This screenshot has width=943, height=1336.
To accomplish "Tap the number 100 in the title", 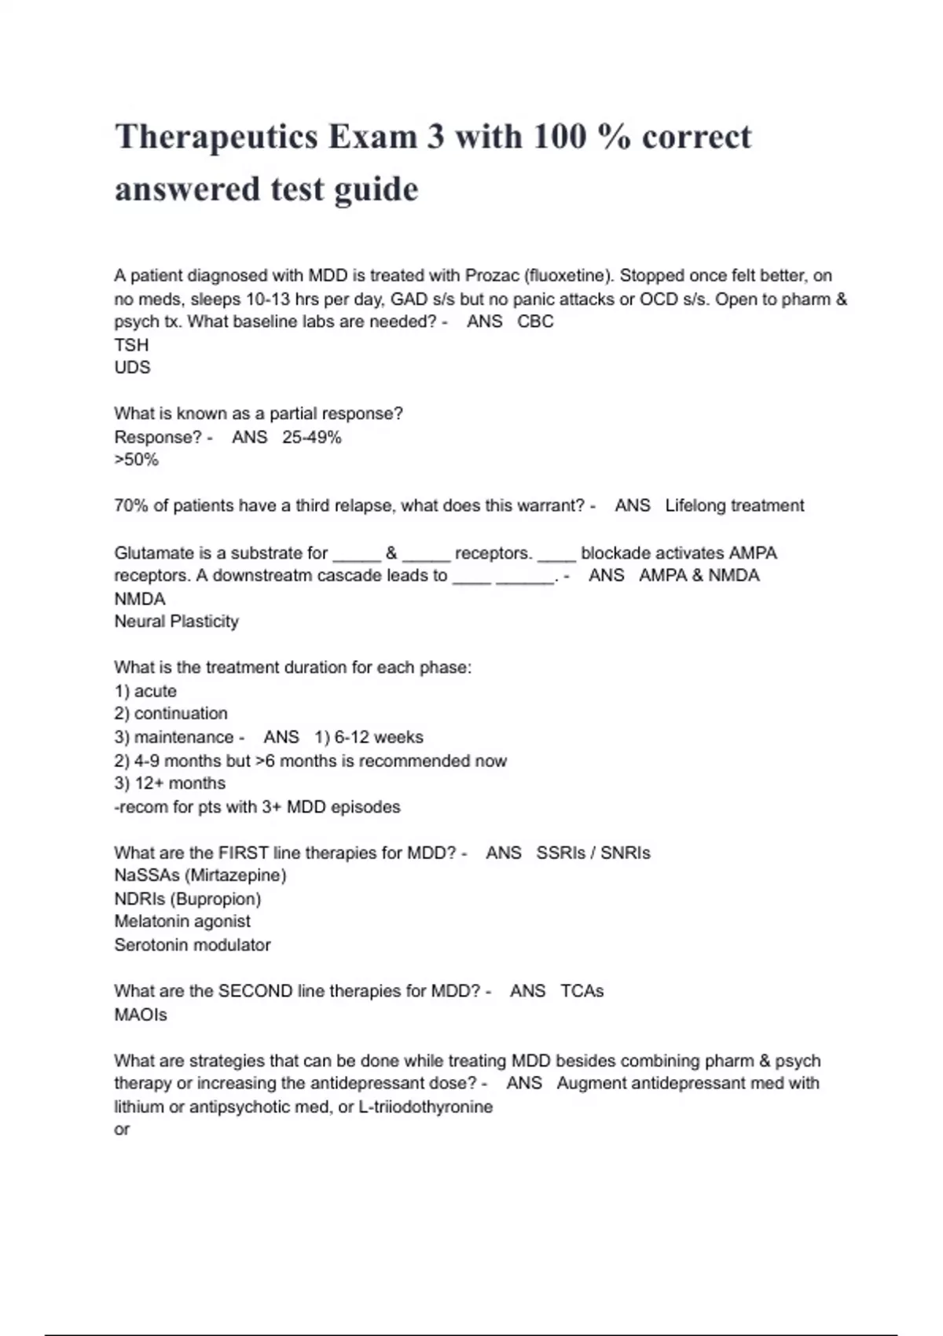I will (x=560, y=138).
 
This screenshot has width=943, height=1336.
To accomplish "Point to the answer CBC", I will (x=535, y=321).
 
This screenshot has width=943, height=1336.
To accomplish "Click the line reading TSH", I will (x=131, y=345).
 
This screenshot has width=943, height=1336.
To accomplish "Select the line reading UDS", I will (x=132, y=368).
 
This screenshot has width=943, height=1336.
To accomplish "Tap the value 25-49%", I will (x=311, y=438).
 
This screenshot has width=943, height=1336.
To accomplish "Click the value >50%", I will (x=136, y=461).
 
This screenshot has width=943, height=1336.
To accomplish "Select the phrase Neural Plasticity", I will (x=176, y=622).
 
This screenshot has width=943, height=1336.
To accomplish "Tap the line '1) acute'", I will (x=145, y=692).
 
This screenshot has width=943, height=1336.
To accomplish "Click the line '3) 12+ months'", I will (x=170, y=784).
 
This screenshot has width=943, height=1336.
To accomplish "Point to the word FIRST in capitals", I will (x=243, y=853).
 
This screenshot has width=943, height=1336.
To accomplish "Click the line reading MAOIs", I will (x=141, y=1015).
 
